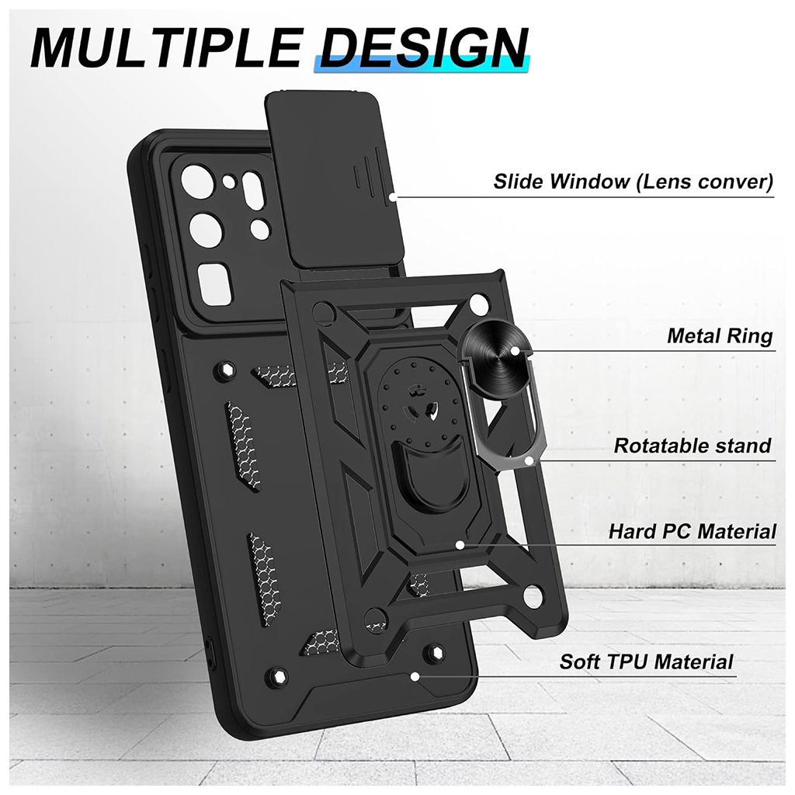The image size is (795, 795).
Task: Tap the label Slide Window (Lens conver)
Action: coord(633,182)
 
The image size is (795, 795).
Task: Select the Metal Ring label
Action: coord(720,336)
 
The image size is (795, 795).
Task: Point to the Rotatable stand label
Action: coord(693,446)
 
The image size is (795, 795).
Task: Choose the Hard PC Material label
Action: coord(692,532)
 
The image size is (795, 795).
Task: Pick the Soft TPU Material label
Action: coord(646,662)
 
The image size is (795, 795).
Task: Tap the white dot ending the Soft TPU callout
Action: coord(415,675)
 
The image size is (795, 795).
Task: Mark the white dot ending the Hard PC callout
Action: coord(460,544)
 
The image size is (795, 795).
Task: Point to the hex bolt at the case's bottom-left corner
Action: coord(275,677)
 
